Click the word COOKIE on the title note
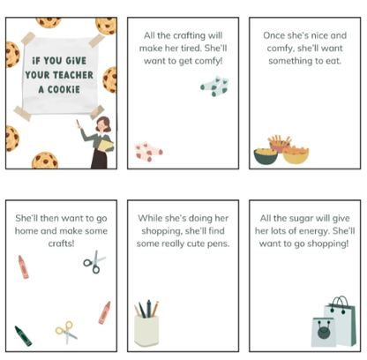tap(64, 89)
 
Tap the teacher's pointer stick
tap(78, 124)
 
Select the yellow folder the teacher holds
tap(106, 146)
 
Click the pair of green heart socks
tap(214, 86)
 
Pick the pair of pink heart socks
tap(148, 151)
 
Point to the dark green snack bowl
tap(266, 156)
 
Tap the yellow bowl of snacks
tap(296, 155)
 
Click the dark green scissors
tap(94, 262)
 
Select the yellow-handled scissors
tap(66, 333)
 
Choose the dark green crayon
tap(23, 336)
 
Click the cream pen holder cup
tap(146, 330)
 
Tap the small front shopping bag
tap(324, 332)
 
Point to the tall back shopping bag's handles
tap(340, 303)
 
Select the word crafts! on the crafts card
tap(61, 244)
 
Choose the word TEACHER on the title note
tap(73, 75)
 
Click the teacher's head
tap(103, 124)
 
